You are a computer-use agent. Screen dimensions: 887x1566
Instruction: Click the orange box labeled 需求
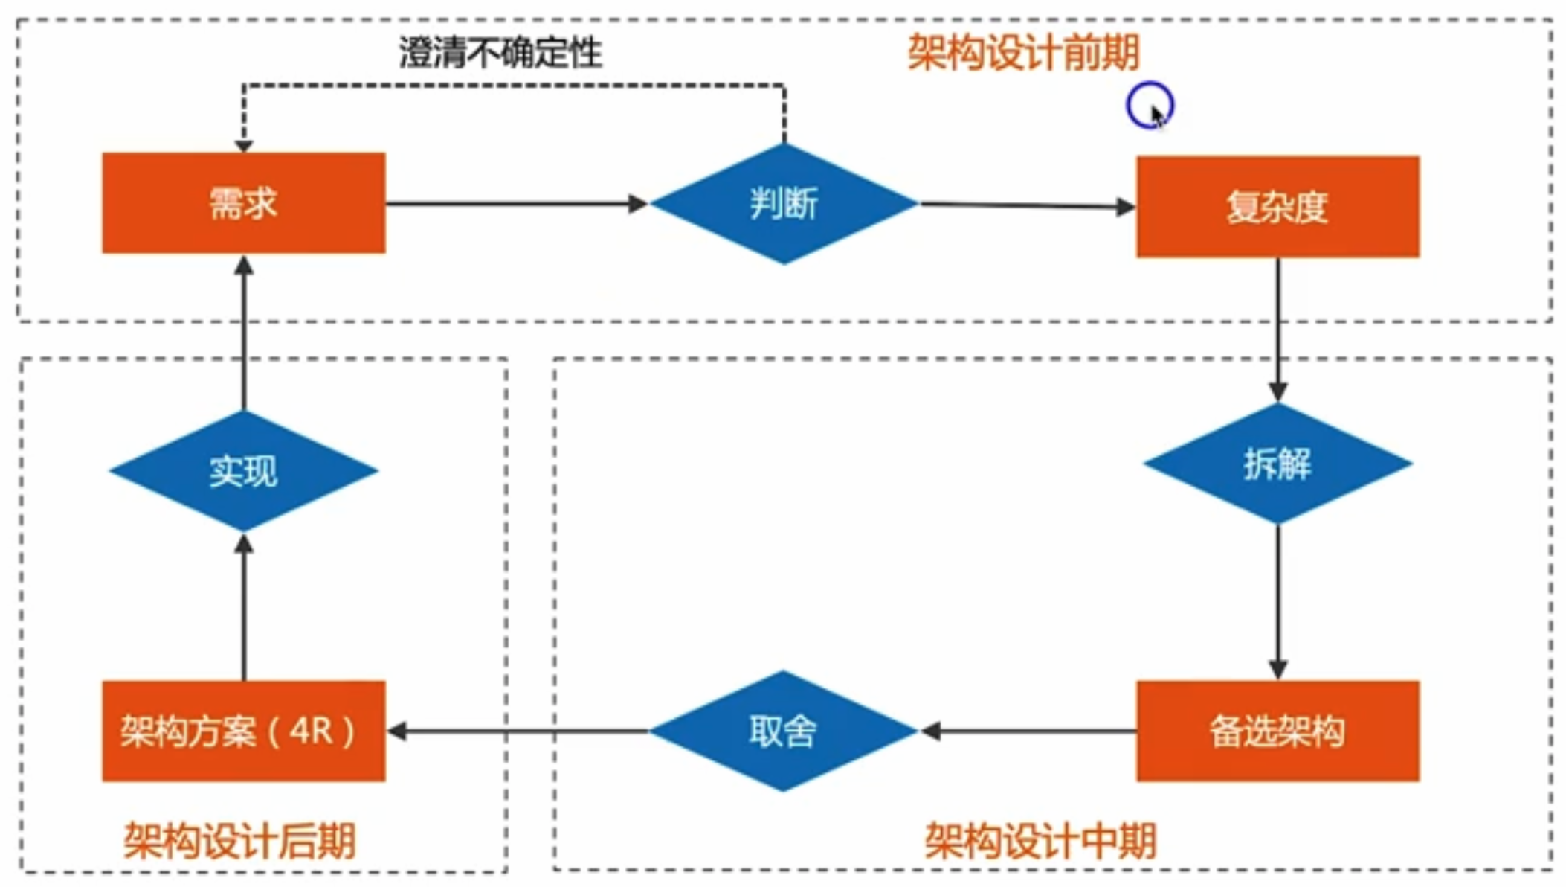(x=243, y=202)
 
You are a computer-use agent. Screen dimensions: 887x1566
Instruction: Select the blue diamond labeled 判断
(x=784, y=203)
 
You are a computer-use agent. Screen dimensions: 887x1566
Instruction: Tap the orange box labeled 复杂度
(x=1277, y=207)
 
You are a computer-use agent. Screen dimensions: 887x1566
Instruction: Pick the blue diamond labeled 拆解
(x=1277, y=464)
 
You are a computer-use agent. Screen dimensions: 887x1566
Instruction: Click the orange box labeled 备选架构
(x=1277, y=731)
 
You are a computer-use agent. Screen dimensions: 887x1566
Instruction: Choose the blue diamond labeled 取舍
(x=783, y=731)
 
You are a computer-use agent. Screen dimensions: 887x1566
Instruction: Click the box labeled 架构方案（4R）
(x=243, y=731)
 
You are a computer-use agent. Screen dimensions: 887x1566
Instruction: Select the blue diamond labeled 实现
(x=243, y=470)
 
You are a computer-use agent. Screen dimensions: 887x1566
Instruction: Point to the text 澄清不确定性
(x=500, y=53)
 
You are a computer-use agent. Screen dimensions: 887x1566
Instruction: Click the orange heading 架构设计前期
(x=1023, y=53)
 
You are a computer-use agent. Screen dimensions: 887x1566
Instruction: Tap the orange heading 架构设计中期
(x=1040, y=841)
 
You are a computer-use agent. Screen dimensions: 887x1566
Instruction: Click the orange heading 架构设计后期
(x=239, y=841)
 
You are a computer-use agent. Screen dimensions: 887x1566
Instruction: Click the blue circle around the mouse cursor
(x=1149, y=105)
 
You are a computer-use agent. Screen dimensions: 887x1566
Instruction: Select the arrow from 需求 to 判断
(x=513, y=203)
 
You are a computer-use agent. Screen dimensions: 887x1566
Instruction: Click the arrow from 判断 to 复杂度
(x=1026, y=205)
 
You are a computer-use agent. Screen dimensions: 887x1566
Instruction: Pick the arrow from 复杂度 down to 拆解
(x=1277, y=327)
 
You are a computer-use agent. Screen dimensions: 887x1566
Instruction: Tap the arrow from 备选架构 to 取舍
(x=1030, y=731)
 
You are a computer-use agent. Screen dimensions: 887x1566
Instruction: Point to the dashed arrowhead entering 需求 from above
(x=243, y=144)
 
